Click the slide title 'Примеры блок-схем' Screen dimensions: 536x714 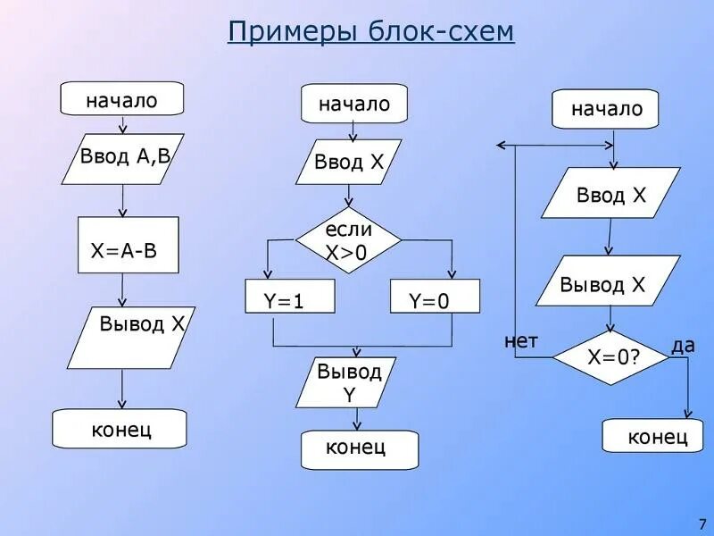pos(370,32)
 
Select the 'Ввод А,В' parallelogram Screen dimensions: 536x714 pos(124,160)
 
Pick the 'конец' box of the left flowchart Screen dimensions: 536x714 pos(120,429)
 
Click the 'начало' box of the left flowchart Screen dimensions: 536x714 pos(121,99)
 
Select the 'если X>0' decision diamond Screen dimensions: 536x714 pos(348,240)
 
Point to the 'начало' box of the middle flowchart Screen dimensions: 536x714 pos(354,104)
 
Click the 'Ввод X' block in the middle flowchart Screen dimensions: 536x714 pos(349,162)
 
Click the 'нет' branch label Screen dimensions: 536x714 pos(521,339)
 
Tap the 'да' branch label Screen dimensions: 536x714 pos(683,345)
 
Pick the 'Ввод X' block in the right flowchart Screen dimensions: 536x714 pos(610,194)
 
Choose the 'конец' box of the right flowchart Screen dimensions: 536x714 pos(658,436)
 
